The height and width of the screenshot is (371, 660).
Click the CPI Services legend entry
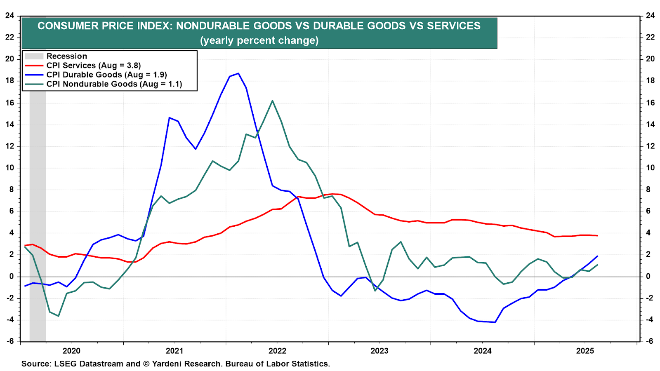click(93, 66)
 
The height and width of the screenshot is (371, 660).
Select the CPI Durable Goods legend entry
click(106, 75)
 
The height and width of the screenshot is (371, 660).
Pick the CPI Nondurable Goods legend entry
click(114, 84)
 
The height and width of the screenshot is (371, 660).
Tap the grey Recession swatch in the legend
click(34, 56)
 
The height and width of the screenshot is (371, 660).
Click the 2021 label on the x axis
click(174, 351)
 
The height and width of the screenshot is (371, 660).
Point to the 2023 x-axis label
click(379, 351)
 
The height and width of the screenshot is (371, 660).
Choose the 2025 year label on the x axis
click(585, 351)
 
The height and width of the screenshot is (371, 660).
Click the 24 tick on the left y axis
click(10, 16)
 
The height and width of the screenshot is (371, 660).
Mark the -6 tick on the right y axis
click(649, 341)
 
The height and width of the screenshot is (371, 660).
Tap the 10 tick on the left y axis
click(10, 168)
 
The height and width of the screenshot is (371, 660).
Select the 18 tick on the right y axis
click(650, 81)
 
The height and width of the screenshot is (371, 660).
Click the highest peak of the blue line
click(238, 73)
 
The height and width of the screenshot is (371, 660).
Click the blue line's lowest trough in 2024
click(495, 322)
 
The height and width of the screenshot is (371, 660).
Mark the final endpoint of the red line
click(597, 235)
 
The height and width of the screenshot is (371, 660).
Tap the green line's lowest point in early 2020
click(58, 316)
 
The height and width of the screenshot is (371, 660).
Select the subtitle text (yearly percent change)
click(259, 40)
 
